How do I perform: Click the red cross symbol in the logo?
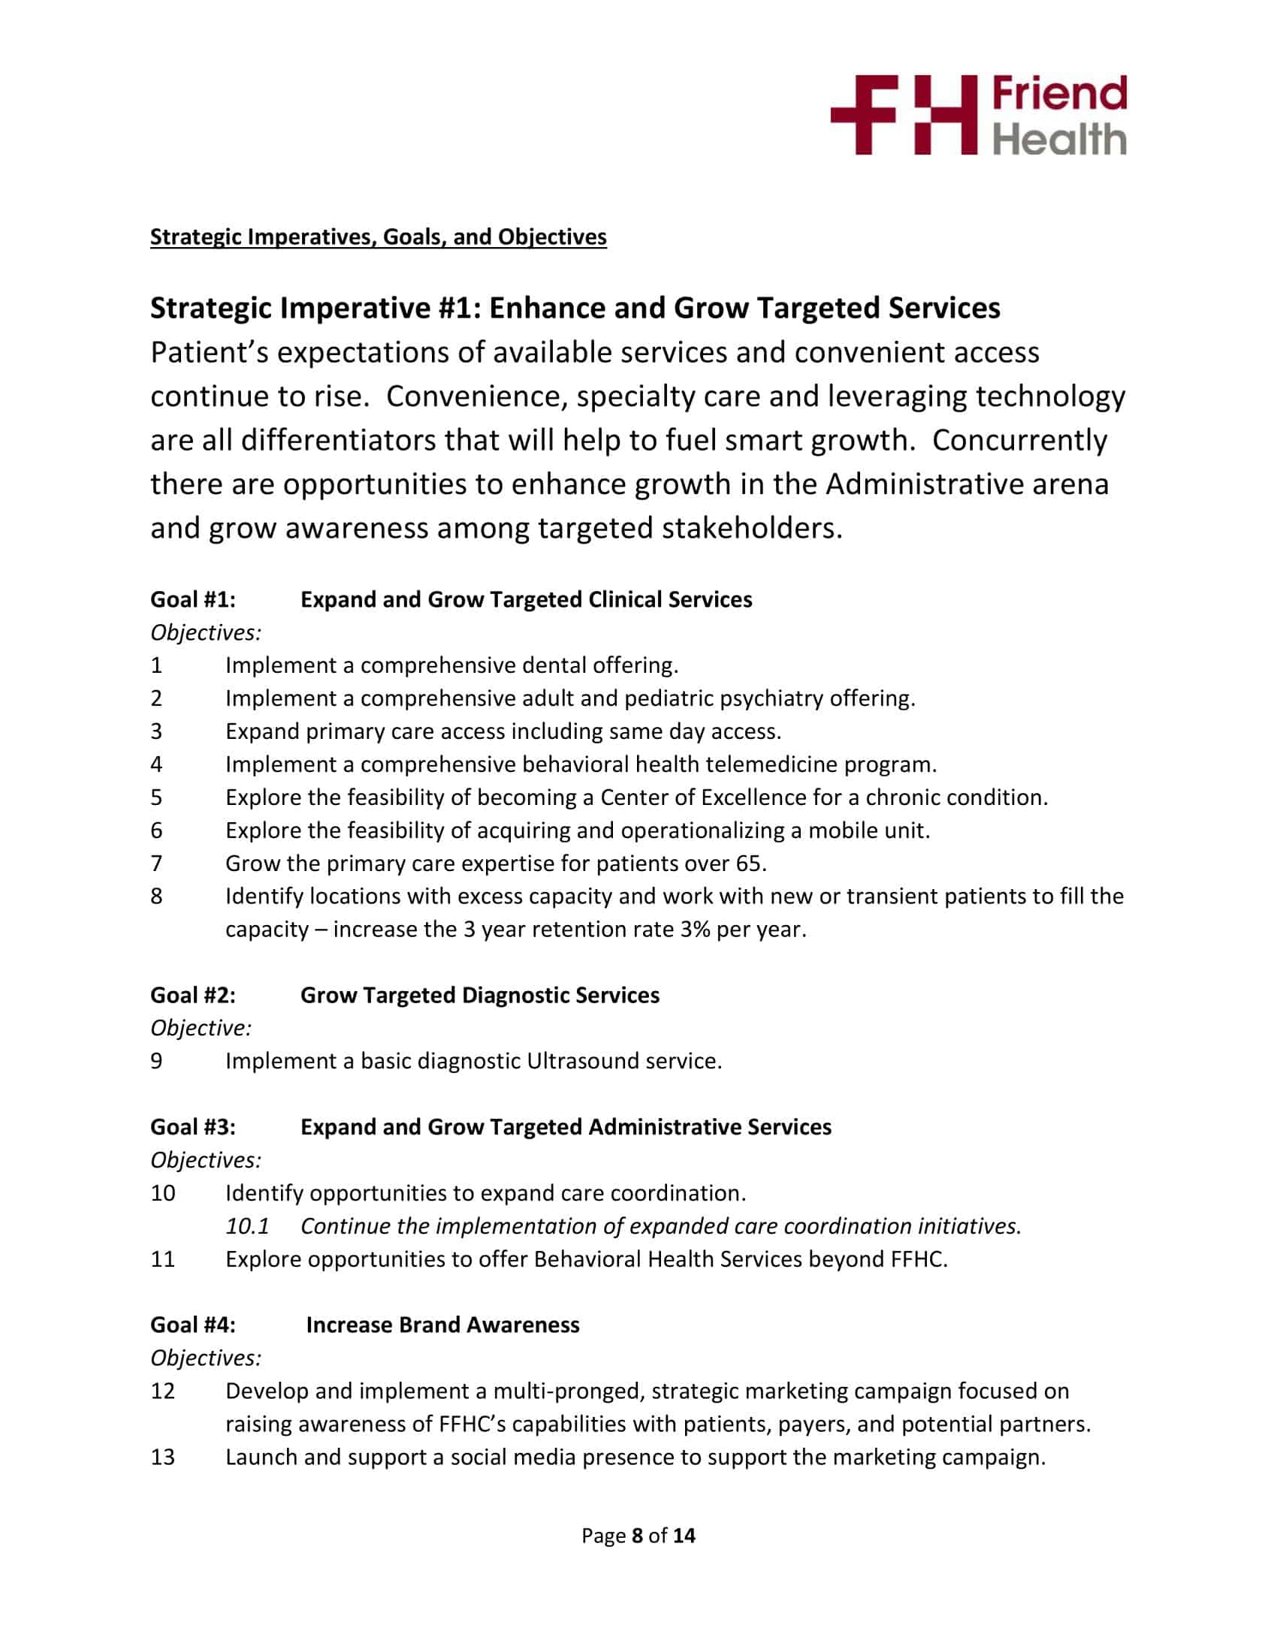coord(863,116)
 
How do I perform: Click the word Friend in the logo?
coord(1059,94)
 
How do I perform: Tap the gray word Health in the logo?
coord(1059,139)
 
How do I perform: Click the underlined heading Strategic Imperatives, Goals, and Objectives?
coord(379,237)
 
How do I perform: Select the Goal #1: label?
coord(193,599)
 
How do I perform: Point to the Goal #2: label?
coord(193,995)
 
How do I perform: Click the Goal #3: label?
coord(193,1126)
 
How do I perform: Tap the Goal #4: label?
coord(193,1325)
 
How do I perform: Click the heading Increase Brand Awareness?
coord(442,1325)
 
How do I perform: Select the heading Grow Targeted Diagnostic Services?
coord(480,995)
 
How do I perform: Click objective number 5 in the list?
coord(156,797)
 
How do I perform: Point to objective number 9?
coord(156,1060)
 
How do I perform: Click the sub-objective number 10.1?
coord(247,1225)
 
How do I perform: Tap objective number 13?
coord(163,1457)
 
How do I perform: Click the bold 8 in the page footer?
coord(637,1536)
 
